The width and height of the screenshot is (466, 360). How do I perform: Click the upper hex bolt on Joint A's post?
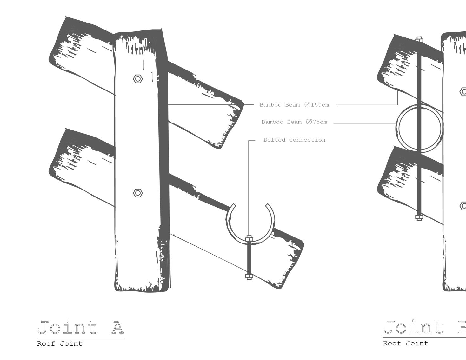(x=138, y=79)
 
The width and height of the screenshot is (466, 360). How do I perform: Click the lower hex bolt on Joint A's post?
(x=138, y=193)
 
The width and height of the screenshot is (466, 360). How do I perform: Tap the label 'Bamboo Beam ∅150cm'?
(x=294, y=105)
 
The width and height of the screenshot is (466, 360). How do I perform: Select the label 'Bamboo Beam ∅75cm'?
(x=294, y=122)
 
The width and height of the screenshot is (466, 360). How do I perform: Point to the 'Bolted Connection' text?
(x=294, y=140)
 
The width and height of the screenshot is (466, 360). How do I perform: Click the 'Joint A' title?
(x=81, y=328)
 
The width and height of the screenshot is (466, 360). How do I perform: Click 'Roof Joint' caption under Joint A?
(x=60, y=344)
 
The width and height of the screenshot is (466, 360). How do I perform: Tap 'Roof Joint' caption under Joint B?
(x=406, y=343)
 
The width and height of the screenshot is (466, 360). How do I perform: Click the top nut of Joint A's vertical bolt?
(x=249, y=238)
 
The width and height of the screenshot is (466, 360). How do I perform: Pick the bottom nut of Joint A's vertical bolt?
(x=249, y=277)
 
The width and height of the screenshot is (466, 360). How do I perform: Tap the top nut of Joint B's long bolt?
(x=419, y=40)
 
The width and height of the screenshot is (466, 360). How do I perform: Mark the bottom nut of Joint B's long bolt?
(x=419, y=218)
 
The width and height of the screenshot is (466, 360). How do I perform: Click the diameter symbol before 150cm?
(x=307, y=105)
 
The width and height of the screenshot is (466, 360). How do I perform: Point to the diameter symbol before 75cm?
(x=309, y=122)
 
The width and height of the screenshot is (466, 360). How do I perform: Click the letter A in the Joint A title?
(x=117, y=328)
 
